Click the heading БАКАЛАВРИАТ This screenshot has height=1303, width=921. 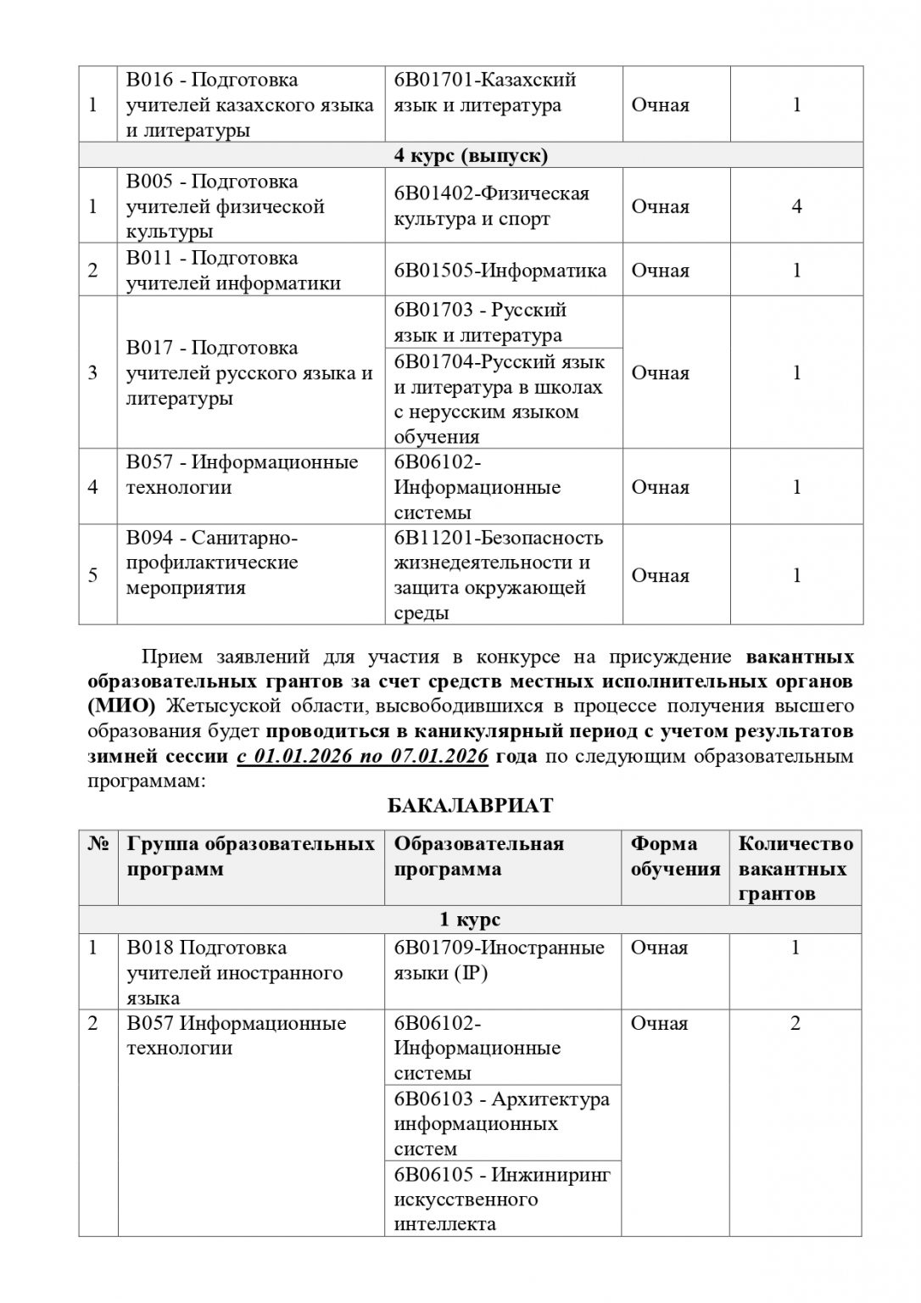[x=470, y=805]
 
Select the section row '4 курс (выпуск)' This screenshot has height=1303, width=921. [x=471, y=156]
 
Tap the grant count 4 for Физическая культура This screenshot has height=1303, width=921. [x=796, y=206]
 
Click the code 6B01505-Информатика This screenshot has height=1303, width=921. [x=500, y=271]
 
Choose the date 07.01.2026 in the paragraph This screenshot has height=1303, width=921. [x=439, y=756]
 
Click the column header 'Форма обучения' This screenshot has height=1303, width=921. [x=675, y=856]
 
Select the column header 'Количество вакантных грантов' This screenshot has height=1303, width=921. [x=795, y=868]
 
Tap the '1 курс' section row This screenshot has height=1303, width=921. [x=470, y=920]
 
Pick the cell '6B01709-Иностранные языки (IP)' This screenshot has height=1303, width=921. [x=499, y=960]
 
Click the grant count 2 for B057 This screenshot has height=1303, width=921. [x=795, y=1024]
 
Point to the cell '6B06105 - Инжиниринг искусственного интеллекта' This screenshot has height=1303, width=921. [x=501, y=1200]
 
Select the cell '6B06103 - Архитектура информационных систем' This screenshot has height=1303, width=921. [x=501, y=1123]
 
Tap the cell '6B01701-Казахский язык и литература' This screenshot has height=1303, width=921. [x=485, y=92]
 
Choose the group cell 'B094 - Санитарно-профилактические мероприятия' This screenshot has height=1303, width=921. [x=212, y=562]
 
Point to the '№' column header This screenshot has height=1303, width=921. [x=98, y=844]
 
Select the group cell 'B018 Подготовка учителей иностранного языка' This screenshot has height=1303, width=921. [x=234, y=972]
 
